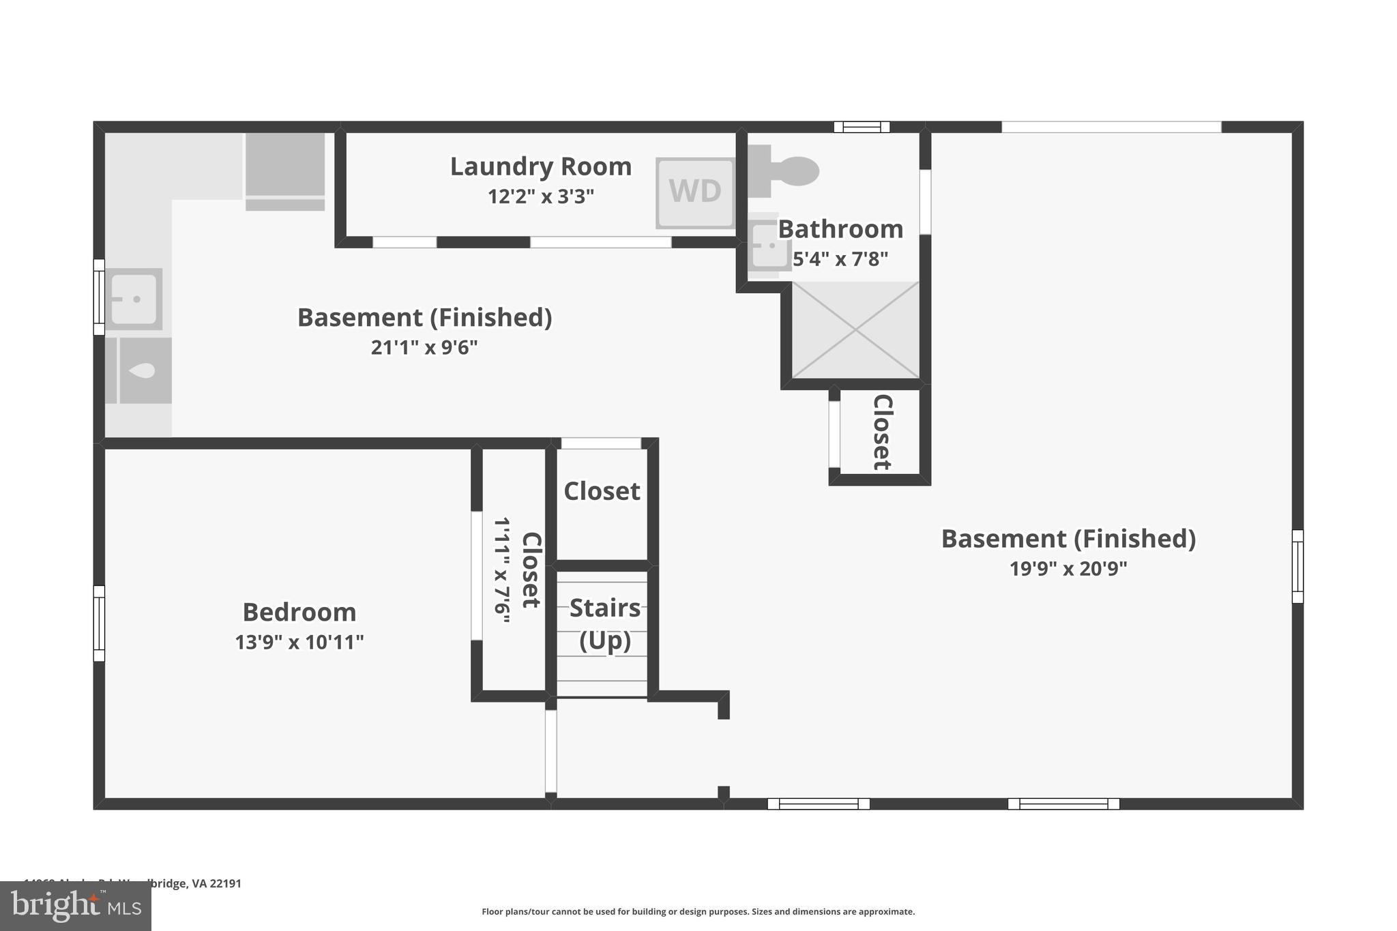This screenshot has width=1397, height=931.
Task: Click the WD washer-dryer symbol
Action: point(695,192)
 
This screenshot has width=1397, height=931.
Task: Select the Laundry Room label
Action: point(540,166)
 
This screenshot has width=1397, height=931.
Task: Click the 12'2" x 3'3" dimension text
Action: point(540,197)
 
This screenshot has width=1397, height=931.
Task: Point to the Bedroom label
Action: point(299,612)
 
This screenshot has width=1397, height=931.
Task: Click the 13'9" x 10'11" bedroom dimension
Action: point(299,642)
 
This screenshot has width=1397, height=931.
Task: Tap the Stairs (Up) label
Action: point(604,623)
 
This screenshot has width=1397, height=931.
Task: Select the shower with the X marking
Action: point(855,330)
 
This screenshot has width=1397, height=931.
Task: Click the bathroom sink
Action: point(767,245)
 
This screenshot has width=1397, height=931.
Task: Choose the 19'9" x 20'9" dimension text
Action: point(1068,569)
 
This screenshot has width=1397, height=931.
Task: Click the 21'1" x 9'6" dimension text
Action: point(424,348)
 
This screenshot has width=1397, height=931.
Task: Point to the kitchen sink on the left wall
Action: point(133,299)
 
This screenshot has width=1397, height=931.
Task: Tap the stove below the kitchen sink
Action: point(144,370)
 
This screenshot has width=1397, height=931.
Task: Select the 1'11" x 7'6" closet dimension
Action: point(502,570)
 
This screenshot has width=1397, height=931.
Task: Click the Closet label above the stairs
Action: point(602,491)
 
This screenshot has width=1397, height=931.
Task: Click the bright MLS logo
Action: point(76,906)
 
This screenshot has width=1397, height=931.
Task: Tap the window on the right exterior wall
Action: point(1297,566)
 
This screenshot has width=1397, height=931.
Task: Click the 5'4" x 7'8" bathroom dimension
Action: point(840,260)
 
